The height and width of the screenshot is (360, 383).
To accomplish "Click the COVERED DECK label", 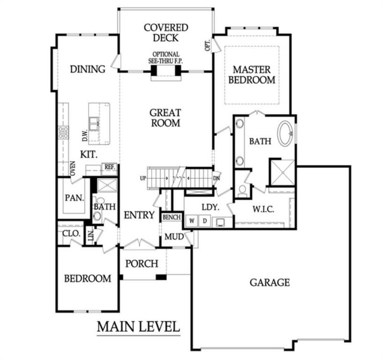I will pos(166,33).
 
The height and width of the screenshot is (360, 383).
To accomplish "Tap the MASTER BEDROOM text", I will pos(251,74).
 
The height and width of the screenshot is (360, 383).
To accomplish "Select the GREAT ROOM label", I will pos(165,118).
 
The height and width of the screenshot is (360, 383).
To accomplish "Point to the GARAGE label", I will pos(270,282).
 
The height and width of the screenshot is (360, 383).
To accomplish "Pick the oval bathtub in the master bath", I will pos(286,133).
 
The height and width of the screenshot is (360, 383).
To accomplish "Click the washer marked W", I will pos(191,221).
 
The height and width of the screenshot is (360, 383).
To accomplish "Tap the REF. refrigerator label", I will pos(109,167).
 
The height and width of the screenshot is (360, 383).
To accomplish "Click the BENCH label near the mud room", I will pos(171,218).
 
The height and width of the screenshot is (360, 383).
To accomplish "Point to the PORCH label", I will pos(142,264).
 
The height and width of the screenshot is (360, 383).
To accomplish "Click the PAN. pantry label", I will pos(74,197).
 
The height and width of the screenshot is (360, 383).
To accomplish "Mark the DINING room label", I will pos(88,70).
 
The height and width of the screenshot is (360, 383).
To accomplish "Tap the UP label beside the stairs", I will pos(143,178).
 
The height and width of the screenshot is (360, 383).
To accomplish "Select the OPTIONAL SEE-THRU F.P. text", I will pos(166,58).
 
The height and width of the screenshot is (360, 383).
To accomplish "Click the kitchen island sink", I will pos(94,124).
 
